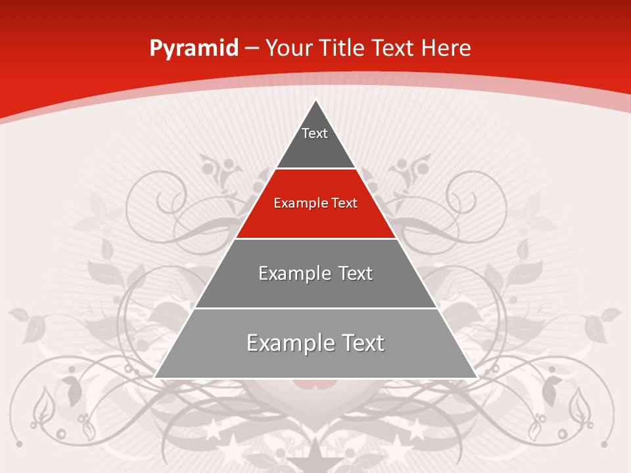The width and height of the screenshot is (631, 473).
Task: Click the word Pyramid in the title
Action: pos(193,48)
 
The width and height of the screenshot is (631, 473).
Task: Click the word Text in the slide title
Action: pos(393,48)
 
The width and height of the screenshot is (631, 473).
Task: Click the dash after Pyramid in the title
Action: pos(251,49)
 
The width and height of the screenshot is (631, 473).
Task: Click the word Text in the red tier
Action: pos(344,204)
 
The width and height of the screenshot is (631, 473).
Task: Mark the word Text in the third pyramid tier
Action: pos(355,273)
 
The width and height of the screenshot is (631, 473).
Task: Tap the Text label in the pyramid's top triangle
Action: pos(315,133)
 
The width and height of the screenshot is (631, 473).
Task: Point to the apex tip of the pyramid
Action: pos(316,101)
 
